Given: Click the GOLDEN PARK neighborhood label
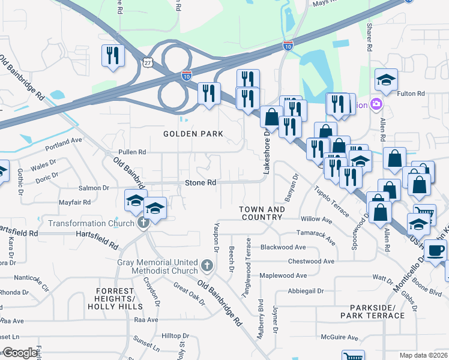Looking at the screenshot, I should (193, 134).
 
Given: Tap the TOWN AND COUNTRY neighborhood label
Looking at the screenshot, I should (262, 213).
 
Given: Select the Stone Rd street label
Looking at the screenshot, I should (200, 182).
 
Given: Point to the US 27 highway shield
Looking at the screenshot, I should (148, 62).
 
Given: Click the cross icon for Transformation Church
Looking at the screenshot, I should (143, 223).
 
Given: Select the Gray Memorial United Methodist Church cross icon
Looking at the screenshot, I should (206, 265).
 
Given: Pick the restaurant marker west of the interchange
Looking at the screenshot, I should (113, 56).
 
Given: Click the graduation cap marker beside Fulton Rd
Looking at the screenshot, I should (386, 79).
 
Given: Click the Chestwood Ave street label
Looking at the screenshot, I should (311, 262).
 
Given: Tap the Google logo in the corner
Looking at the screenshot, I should (20, 353).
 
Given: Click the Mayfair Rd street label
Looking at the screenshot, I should (75, 202).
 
